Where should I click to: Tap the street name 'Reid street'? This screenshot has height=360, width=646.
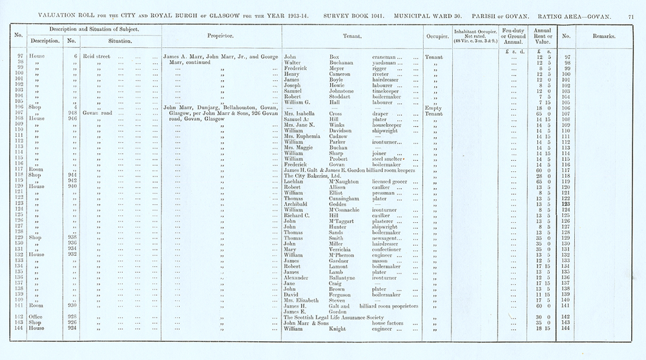pos(95,58)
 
